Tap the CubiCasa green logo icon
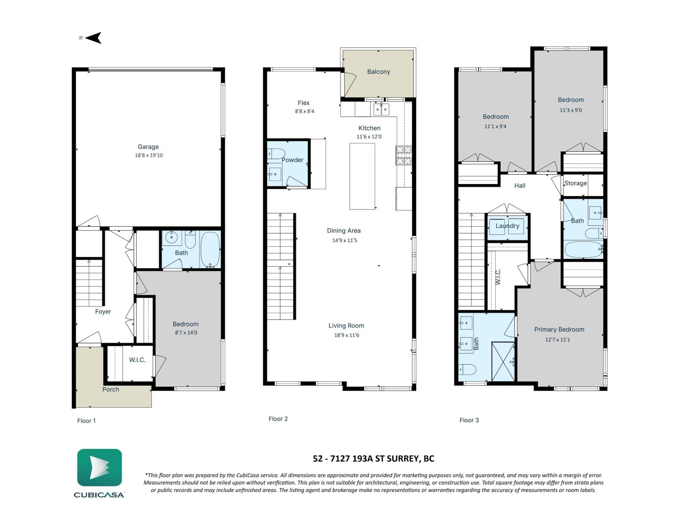coord(99,467)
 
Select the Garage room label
coord(148,147)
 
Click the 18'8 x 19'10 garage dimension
coord(149,155)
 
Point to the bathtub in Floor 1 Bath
coord(210,250)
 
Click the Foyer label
coord(103,311)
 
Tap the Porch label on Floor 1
coord(111,389)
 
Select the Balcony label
coord(378,72)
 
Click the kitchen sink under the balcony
coord(381,110)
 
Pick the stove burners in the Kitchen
coord(403,155)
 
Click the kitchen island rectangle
coord(362,176)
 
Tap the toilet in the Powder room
coord(276,154)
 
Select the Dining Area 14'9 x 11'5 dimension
coord(344,240)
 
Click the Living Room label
coord(346,326)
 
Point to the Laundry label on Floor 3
coord(507,226)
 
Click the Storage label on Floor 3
coord(575,183)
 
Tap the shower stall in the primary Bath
coord(503,361)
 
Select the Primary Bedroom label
coord(559,329)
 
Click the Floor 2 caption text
coord(278,419)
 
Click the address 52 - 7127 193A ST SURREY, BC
coord(373,458)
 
